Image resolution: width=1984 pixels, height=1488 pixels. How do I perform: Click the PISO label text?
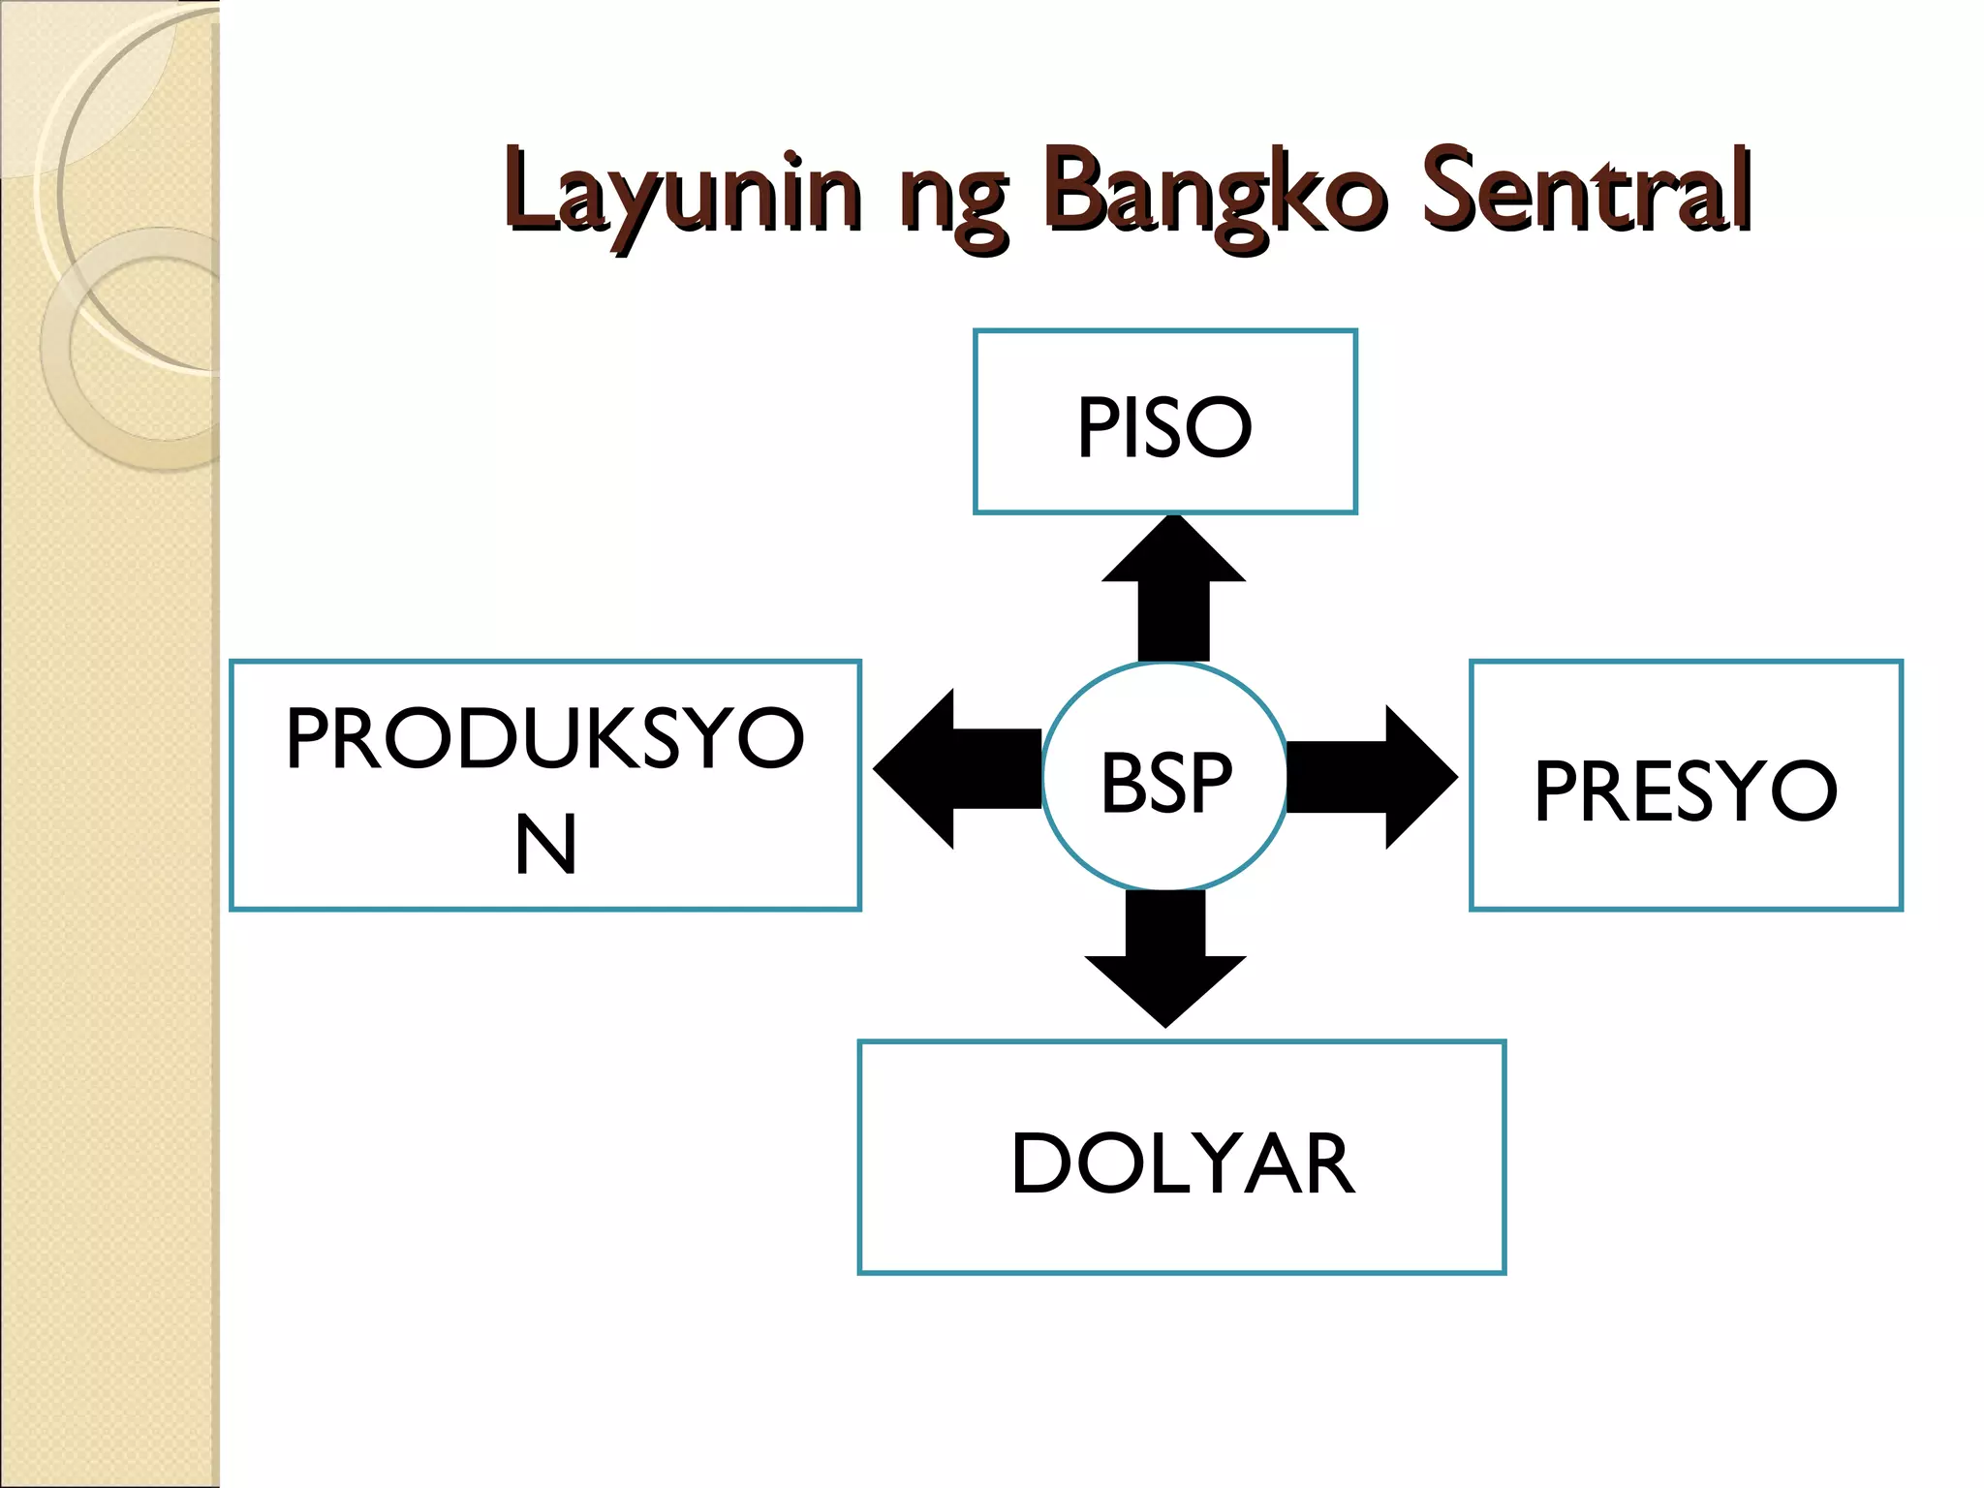tap(1164, 427)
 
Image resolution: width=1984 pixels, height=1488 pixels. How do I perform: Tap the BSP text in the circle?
tap(1165, 782)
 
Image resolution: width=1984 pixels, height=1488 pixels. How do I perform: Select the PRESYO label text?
tap(1685, 790)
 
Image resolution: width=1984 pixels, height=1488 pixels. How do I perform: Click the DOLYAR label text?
tap(1182, 1163)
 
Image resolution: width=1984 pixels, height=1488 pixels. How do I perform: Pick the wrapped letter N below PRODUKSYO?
tap(545, 845)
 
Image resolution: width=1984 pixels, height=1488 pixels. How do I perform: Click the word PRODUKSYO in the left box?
tap(544, 738)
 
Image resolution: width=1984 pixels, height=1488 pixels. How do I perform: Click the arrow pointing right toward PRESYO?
tap(1372, 777)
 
